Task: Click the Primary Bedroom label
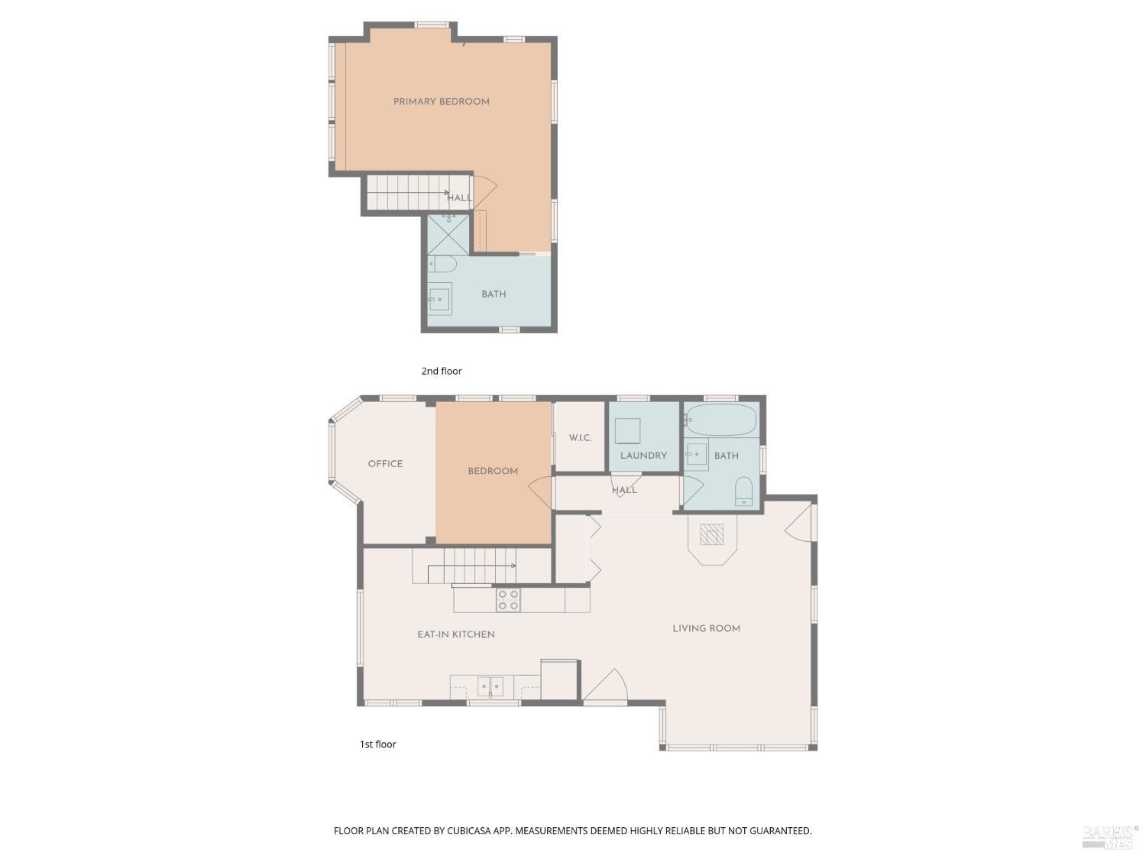[x=441, y=102]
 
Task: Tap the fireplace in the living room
[x=711, y=534]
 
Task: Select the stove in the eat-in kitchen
[x=509, y=600]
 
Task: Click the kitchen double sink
[x=490, y=686]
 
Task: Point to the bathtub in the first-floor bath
[x=721, y=420]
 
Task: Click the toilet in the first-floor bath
[x=743, y=492]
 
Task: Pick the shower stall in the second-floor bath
[x=448, y=235]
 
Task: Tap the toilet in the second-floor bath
[x=442, y=264]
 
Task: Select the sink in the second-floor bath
[x=439, y=299]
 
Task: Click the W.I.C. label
[x=580, y=438]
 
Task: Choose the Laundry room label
[x=643, y=456]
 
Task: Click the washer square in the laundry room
[x=627, y=431]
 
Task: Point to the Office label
[x=385, y=464]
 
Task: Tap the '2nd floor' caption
[x=442, y=372]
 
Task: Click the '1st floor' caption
[x=378, y=745]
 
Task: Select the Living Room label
[x=706, y=628]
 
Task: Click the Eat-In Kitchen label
[x=456, y=634]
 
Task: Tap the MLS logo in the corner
[x=1109, y=837]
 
